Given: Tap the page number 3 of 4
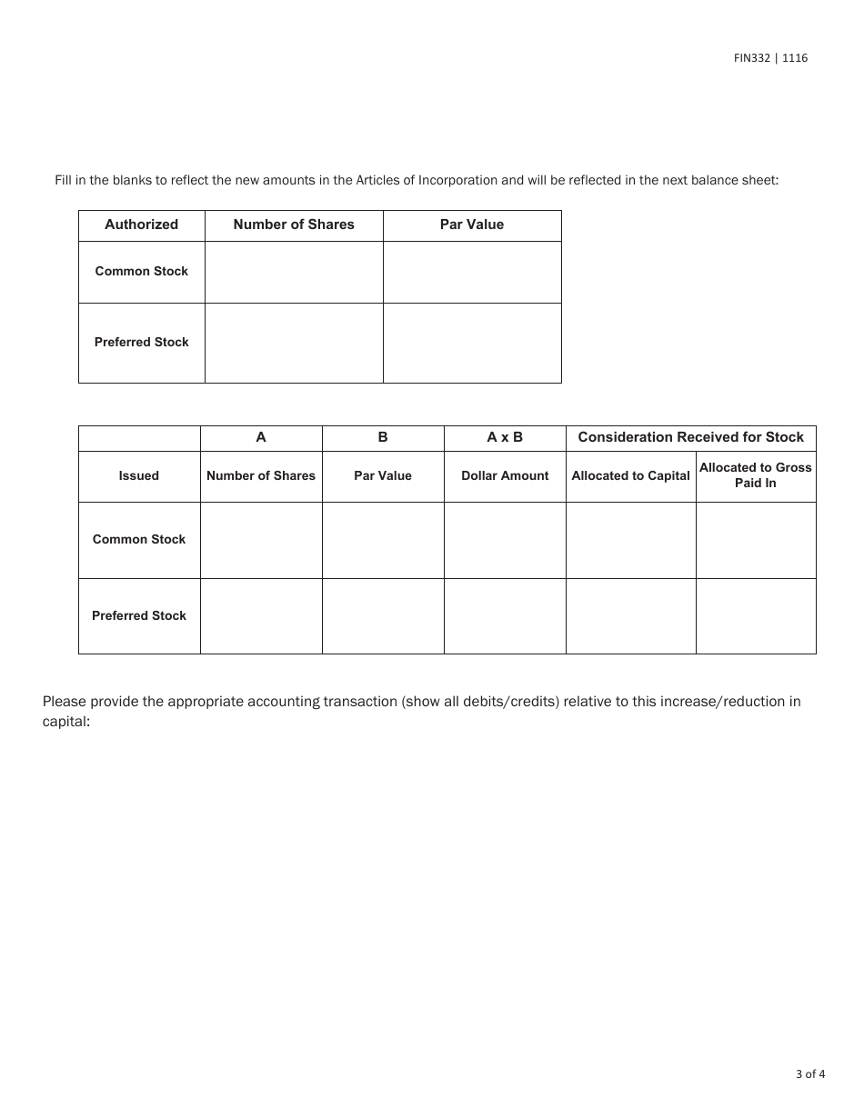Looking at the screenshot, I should click(810, 1073).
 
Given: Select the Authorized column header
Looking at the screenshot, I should click(141, 225).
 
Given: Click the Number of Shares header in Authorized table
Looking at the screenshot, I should click(294, 225).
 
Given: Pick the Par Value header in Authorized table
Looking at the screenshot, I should click(471, 225).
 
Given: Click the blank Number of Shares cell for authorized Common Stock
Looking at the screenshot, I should click(294, 272).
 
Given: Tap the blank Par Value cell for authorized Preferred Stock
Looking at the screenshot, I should click(471, 343).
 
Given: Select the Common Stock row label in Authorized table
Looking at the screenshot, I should click(141, 271).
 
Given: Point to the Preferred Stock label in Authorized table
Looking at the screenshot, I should click(141, 343).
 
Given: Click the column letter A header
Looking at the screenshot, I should click(261, 437).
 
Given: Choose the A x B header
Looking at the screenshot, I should click(505, 437).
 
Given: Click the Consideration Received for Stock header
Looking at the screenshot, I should click(690, 437).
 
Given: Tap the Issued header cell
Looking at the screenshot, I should click(138, 475).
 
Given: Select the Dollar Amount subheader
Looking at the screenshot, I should click(505, 475).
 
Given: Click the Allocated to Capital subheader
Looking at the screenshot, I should click(630, 475).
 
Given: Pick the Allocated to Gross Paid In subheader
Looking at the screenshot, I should click(755, 475).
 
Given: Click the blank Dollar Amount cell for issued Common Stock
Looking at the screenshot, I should click(505, 540).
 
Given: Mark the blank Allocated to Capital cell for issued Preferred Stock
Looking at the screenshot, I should click(630, 616).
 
